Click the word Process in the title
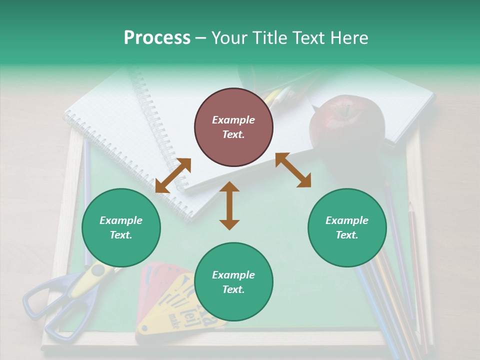point(157,38)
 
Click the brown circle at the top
point(233,127)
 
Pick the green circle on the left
point(121,227)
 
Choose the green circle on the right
point(347,227)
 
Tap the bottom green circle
point(233,282)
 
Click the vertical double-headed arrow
point(229,205)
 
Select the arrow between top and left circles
point(173,175)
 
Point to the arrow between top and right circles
point(293,170)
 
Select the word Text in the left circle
point(121,235)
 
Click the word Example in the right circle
point(347,220)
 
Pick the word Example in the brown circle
point(233,120)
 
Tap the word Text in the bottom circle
point(233,289)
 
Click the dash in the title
point(201,38)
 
